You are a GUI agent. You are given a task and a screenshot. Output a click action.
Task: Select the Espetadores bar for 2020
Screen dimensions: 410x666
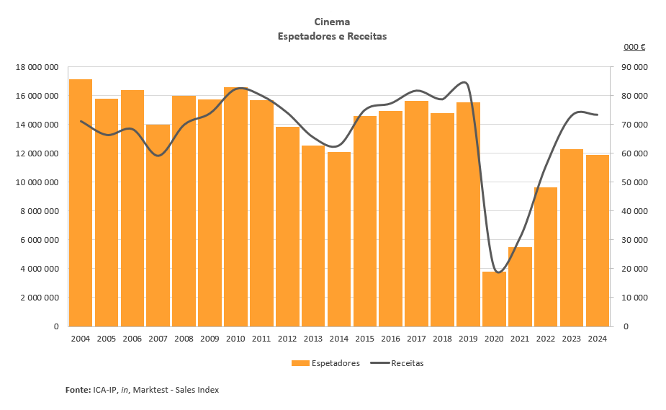[494, 299]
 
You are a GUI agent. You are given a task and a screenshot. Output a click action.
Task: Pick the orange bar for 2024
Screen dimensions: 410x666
[598, 241]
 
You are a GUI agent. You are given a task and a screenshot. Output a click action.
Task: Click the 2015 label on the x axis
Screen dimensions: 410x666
[364, 339]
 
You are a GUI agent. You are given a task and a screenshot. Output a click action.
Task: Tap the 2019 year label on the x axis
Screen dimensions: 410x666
[468, 339]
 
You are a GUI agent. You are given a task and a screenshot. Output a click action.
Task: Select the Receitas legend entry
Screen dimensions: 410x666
[407, 363]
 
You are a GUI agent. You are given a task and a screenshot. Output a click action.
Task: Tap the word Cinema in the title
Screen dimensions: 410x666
[333, 22]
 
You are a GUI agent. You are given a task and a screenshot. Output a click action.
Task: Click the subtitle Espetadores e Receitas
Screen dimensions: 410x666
[333, 36]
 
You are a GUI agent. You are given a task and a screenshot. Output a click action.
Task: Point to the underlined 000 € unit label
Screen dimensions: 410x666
[634, 47]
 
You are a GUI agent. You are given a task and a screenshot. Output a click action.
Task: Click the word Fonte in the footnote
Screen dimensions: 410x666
[77, 390]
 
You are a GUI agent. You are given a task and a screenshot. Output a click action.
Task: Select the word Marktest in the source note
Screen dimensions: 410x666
[151, 390]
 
